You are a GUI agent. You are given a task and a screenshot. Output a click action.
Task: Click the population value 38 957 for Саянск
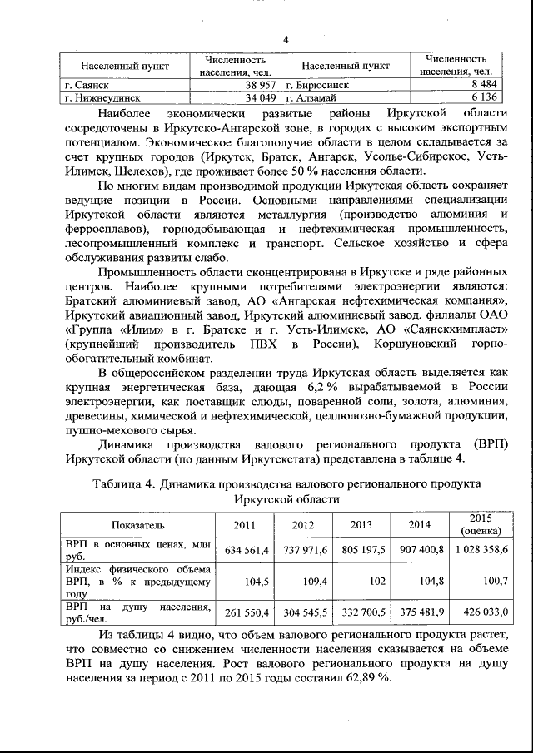(x=255, y=85)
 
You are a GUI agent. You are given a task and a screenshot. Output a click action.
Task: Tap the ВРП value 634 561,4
(x=244, y=550)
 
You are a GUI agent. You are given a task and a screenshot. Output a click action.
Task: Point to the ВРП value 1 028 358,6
(x=481, y=550)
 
